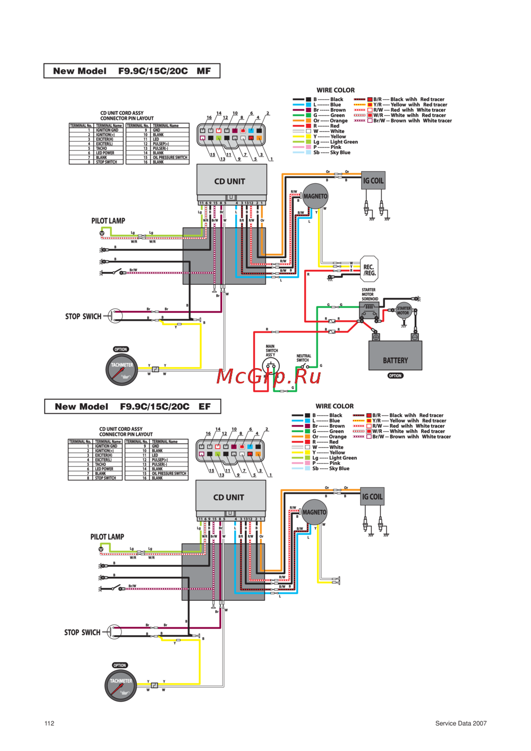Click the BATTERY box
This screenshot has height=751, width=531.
395,356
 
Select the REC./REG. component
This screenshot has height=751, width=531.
369,270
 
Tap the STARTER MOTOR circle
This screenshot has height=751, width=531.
404,310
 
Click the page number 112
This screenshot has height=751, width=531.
49,723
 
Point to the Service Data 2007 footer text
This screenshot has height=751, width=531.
460,723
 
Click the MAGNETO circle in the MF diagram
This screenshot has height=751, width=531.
315,197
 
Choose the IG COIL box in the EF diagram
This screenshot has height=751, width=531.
372,497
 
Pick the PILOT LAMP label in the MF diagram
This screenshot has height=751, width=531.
108,221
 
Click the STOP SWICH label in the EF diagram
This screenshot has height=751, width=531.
82,633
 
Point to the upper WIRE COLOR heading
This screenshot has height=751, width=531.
336,90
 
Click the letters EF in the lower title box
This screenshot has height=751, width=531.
204,407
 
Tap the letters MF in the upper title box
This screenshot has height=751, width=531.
203,71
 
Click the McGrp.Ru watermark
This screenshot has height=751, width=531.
269,376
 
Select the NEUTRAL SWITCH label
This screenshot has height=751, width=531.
304,358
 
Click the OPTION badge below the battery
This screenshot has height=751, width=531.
395,375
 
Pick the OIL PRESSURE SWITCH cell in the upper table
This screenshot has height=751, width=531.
170,158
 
